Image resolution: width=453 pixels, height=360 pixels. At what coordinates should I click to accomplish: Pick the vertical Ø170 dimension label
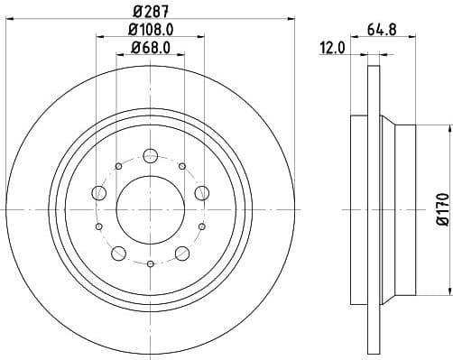tap(441, 208)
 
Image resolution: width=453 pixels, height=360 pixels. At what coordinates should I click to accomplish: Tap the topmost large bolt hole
tap(149, 154)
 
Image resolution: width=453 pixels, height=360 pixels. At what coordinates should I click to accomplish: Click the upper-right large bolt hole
tap(201, 191)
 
